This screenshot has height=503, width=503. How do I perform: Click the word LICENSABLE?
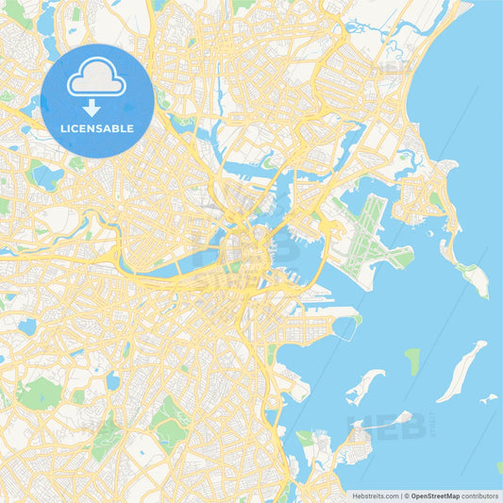96,128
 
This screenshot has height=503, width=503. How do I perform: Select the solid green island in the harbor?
412,360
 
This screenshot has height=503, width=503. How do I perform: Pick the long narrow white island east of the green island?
462,370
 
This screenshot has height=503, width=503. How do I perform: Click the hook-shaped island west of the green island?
364,386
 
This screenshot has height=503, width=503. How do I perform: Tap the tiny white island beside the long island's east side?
487,399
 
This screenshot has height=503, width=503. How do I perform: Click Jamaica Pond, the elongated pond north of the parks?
112,380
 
